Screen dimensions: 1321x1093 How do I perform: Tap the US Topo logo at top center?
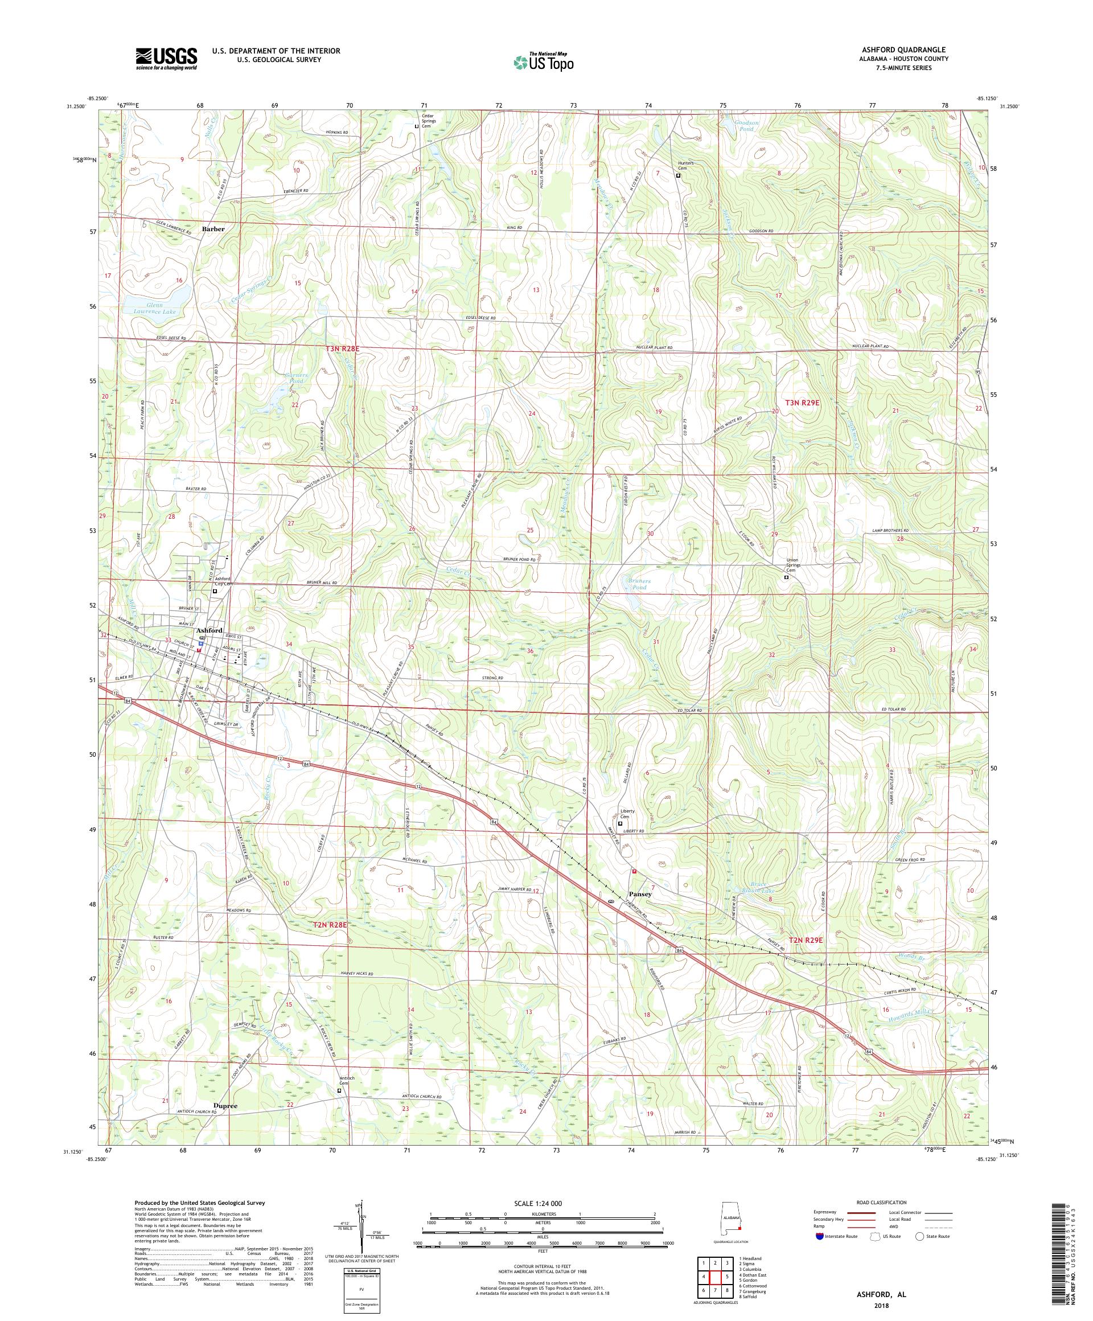(543, 61)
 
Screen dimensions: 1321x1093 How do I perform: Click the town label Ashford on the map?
(209, 630)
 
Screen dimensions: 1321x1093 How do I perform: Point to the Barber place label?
(213, 229)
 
